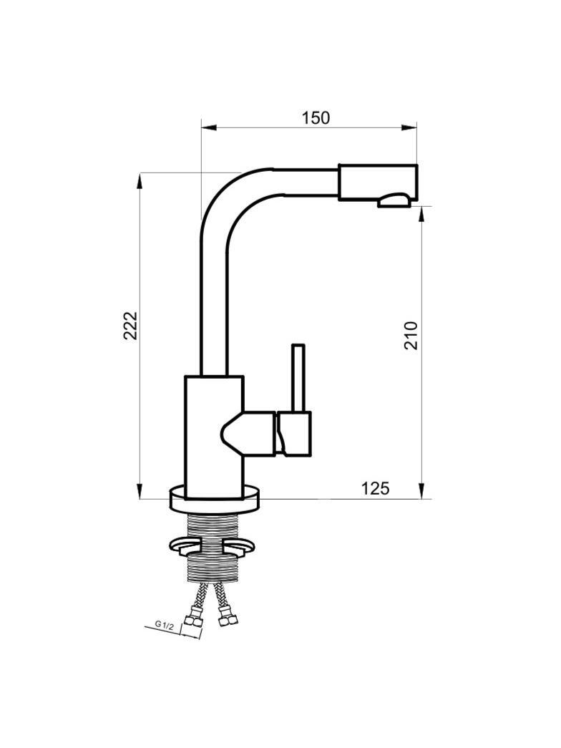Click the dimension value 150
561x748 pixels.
pyautogui.click(x=316, y=117)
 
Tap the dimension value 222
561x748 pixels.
pyautogui.click(x=130, y=326)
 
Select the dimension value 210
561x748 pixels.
pyautogui.click(x=411, y=336)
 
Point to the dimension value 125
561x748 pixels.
pyautogui.click(x=375, y=488)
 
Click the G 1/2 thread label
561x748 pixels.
pyautogui.click(x=164, y=624)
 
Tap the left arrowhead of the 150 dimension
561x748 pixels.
pyautogui.click(x=209, y=127)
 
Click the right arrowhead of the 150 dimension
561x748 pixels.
pyautogui.click(x=409, y=127)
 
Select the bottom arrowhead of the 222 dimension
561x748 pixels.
pyautogui.click(x=140, y=491)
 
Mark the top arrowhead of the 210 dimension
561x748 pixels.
pyautogui.click(x=421, y=215)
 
